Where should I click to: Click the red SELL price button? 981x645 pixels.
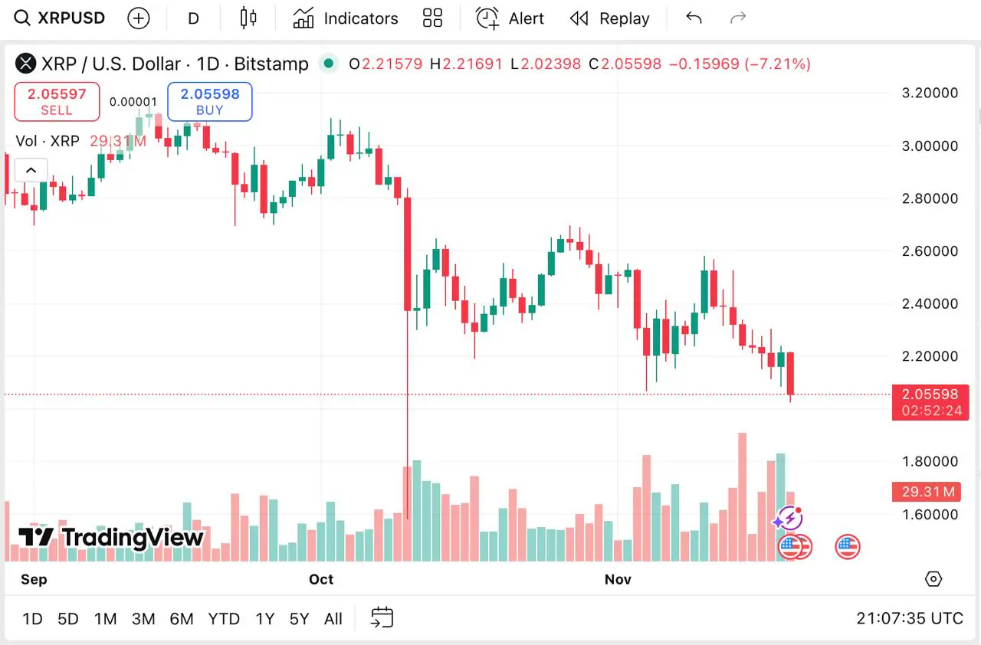57,101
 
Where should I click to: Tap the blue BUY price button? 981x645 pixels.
209,101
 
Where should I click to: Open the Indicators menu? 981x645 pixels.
346,18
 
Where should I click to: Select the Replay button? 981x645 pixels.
609,18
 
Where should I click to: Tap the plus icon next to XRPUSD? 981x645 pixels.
139,18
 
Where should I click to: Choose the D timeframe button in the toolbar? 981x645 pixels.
193,18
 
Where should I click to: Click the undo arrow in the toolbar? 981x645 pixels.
694,18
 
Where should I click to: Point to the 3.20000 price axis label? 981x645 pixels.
930,93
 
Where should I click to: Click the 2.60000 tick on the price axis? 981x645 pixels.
930,251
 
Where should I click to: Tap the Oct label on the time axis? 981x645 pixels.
321,579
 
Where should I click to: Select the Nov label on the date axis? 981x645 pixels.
618,579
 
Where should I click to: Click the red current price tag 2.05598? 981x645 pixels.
930,395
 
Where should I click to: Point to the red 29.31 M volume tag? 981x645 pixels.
930,492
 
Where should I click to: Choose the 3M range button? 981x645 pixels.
143,619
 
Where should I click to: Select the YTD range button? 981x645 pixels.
224,619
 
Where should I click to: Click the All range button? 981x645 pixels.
333,619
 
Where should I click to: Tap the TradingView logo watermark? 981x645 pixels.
111,537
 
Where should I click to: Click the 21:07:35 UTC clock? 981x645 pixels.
909,619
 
